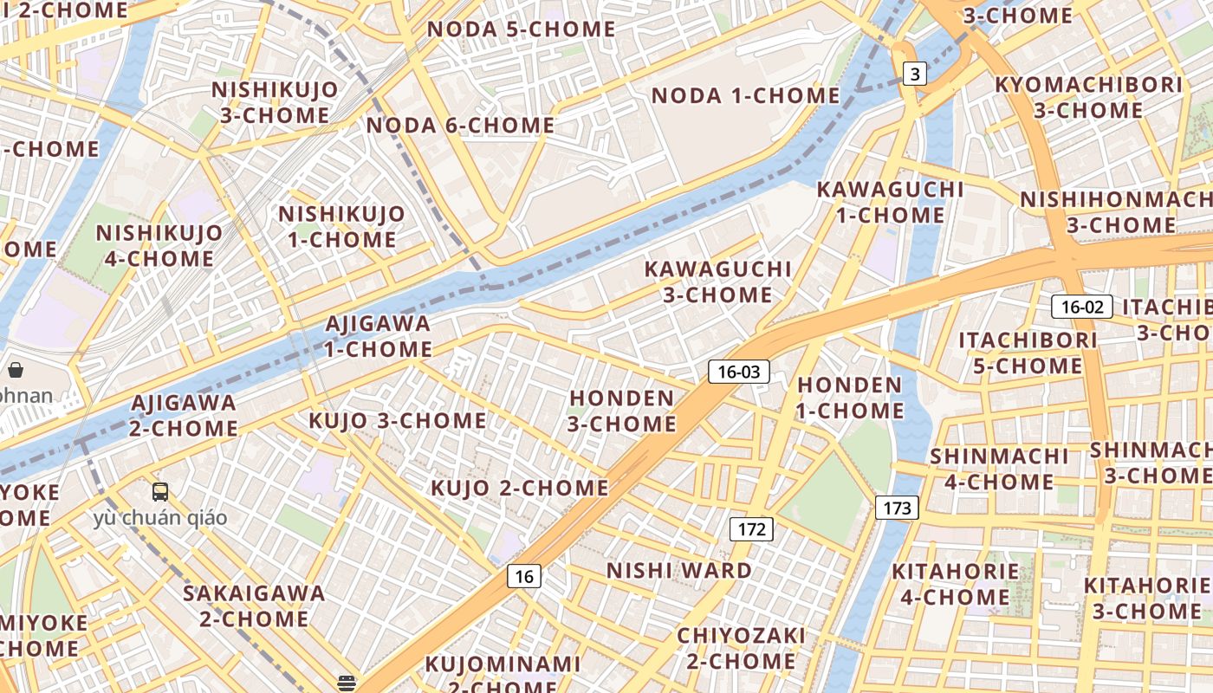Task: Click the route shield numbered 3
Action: coord(915,74)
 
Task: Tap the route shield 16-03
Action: coord(738,372)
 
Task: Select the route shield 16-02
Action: coord(1082,307)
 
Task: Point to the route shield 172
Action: coord(750,528)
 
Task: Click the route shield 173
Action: coord(896,508)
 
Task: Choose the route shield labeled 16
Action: coord(523,576)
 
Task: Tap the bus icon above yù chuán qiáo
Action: coord(160,492)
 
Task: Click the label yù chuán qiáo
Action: coord(160,518)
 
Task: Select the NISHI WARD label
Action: coord(679,571)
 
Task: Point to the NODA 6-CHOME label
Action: coord(460,126)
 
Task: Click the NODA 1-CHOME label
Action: coord(745,95)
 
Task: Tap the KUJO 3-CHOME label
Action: coord(398,421)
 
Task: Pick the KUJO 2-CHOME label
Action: coord(520,488)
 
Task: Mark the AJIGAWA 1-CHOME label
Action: coord(379,336)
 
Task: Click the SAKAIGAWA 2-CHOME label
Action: coord(254,606)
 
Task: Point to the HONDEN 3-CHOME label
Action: coord(622,411)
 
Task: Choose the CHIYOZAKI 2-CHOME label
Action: coord(741,648)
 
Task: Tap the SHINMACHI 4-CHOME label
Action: coord(999,469)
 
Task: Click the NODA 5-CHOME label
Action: coord(522,29)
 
